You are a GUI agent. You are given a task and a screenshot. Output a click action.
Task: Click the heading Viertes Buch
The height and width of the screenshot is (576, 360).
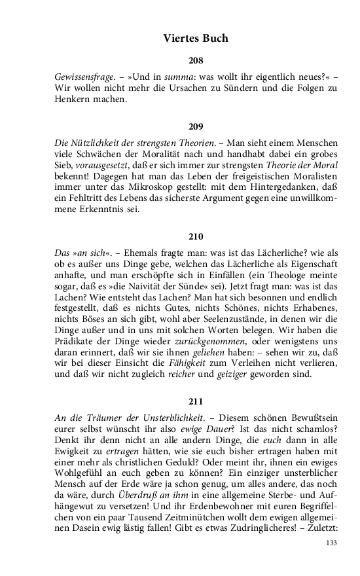pyautogui.click(x=196, y=39)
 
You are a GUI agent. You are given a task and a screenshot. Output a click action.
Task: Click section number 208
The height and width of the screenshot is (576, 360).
pyautogui.click(x=196, y=61)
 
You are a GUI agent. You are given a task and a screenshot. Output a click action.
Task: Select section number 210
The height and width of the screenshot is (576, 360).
pyautogui.click(x=196, y=236)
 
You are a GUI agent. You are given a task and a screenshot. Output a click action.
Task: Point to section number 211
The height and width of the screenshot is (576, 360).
pyautogui.click(x=196, y=401)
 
